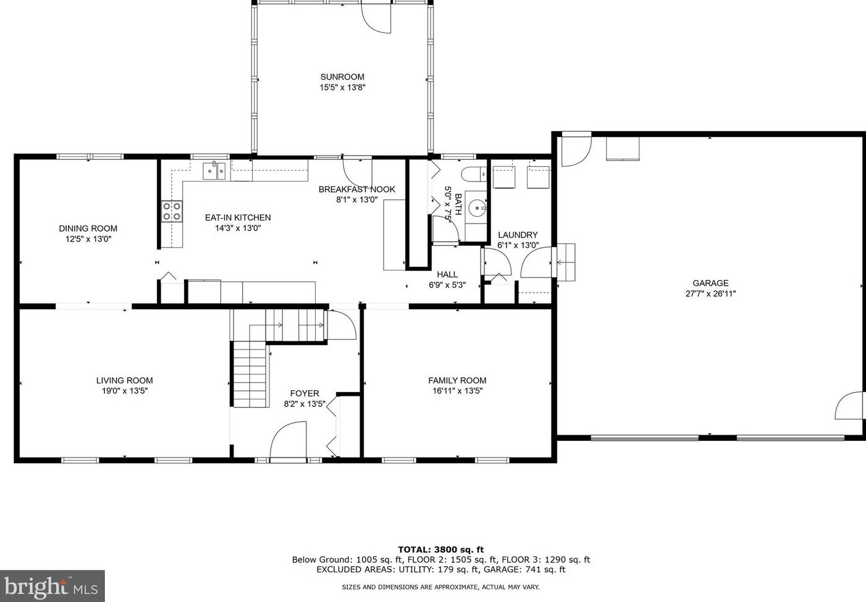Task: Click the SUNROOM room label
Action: click(x=342, y=77)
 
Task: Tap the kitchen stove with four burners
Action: click(x=172, y=211)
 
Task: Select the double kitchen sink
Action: click(x=214, y=171)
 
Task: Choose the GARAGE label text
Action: click(x=710, y=283)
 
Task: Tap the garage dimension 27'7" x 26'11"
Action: click(x=710, y=294)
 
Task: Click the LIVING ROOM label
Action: click(x=125, y=380)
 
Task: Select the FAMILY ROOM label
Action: click(x=457, y=380)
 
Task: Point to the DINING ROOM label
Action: click(x=88, y=228)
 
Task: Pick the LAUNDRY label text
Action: click(x=518, y=235)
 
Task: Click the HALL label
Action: click(x=447, y=275)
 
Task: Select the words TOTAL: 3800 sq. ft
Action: click(x=441, y=550)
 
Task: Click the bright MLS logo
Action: click(x=52, y=586)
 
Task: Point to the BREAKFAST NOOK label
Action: click(x=357, y=190)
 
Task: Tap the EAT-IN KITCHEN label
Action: click(x=238, y=217)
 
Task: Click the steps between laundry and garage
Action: click(x=566, y=262)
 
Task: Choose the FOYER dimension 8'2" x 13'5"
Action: click(x=305, y=404)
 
